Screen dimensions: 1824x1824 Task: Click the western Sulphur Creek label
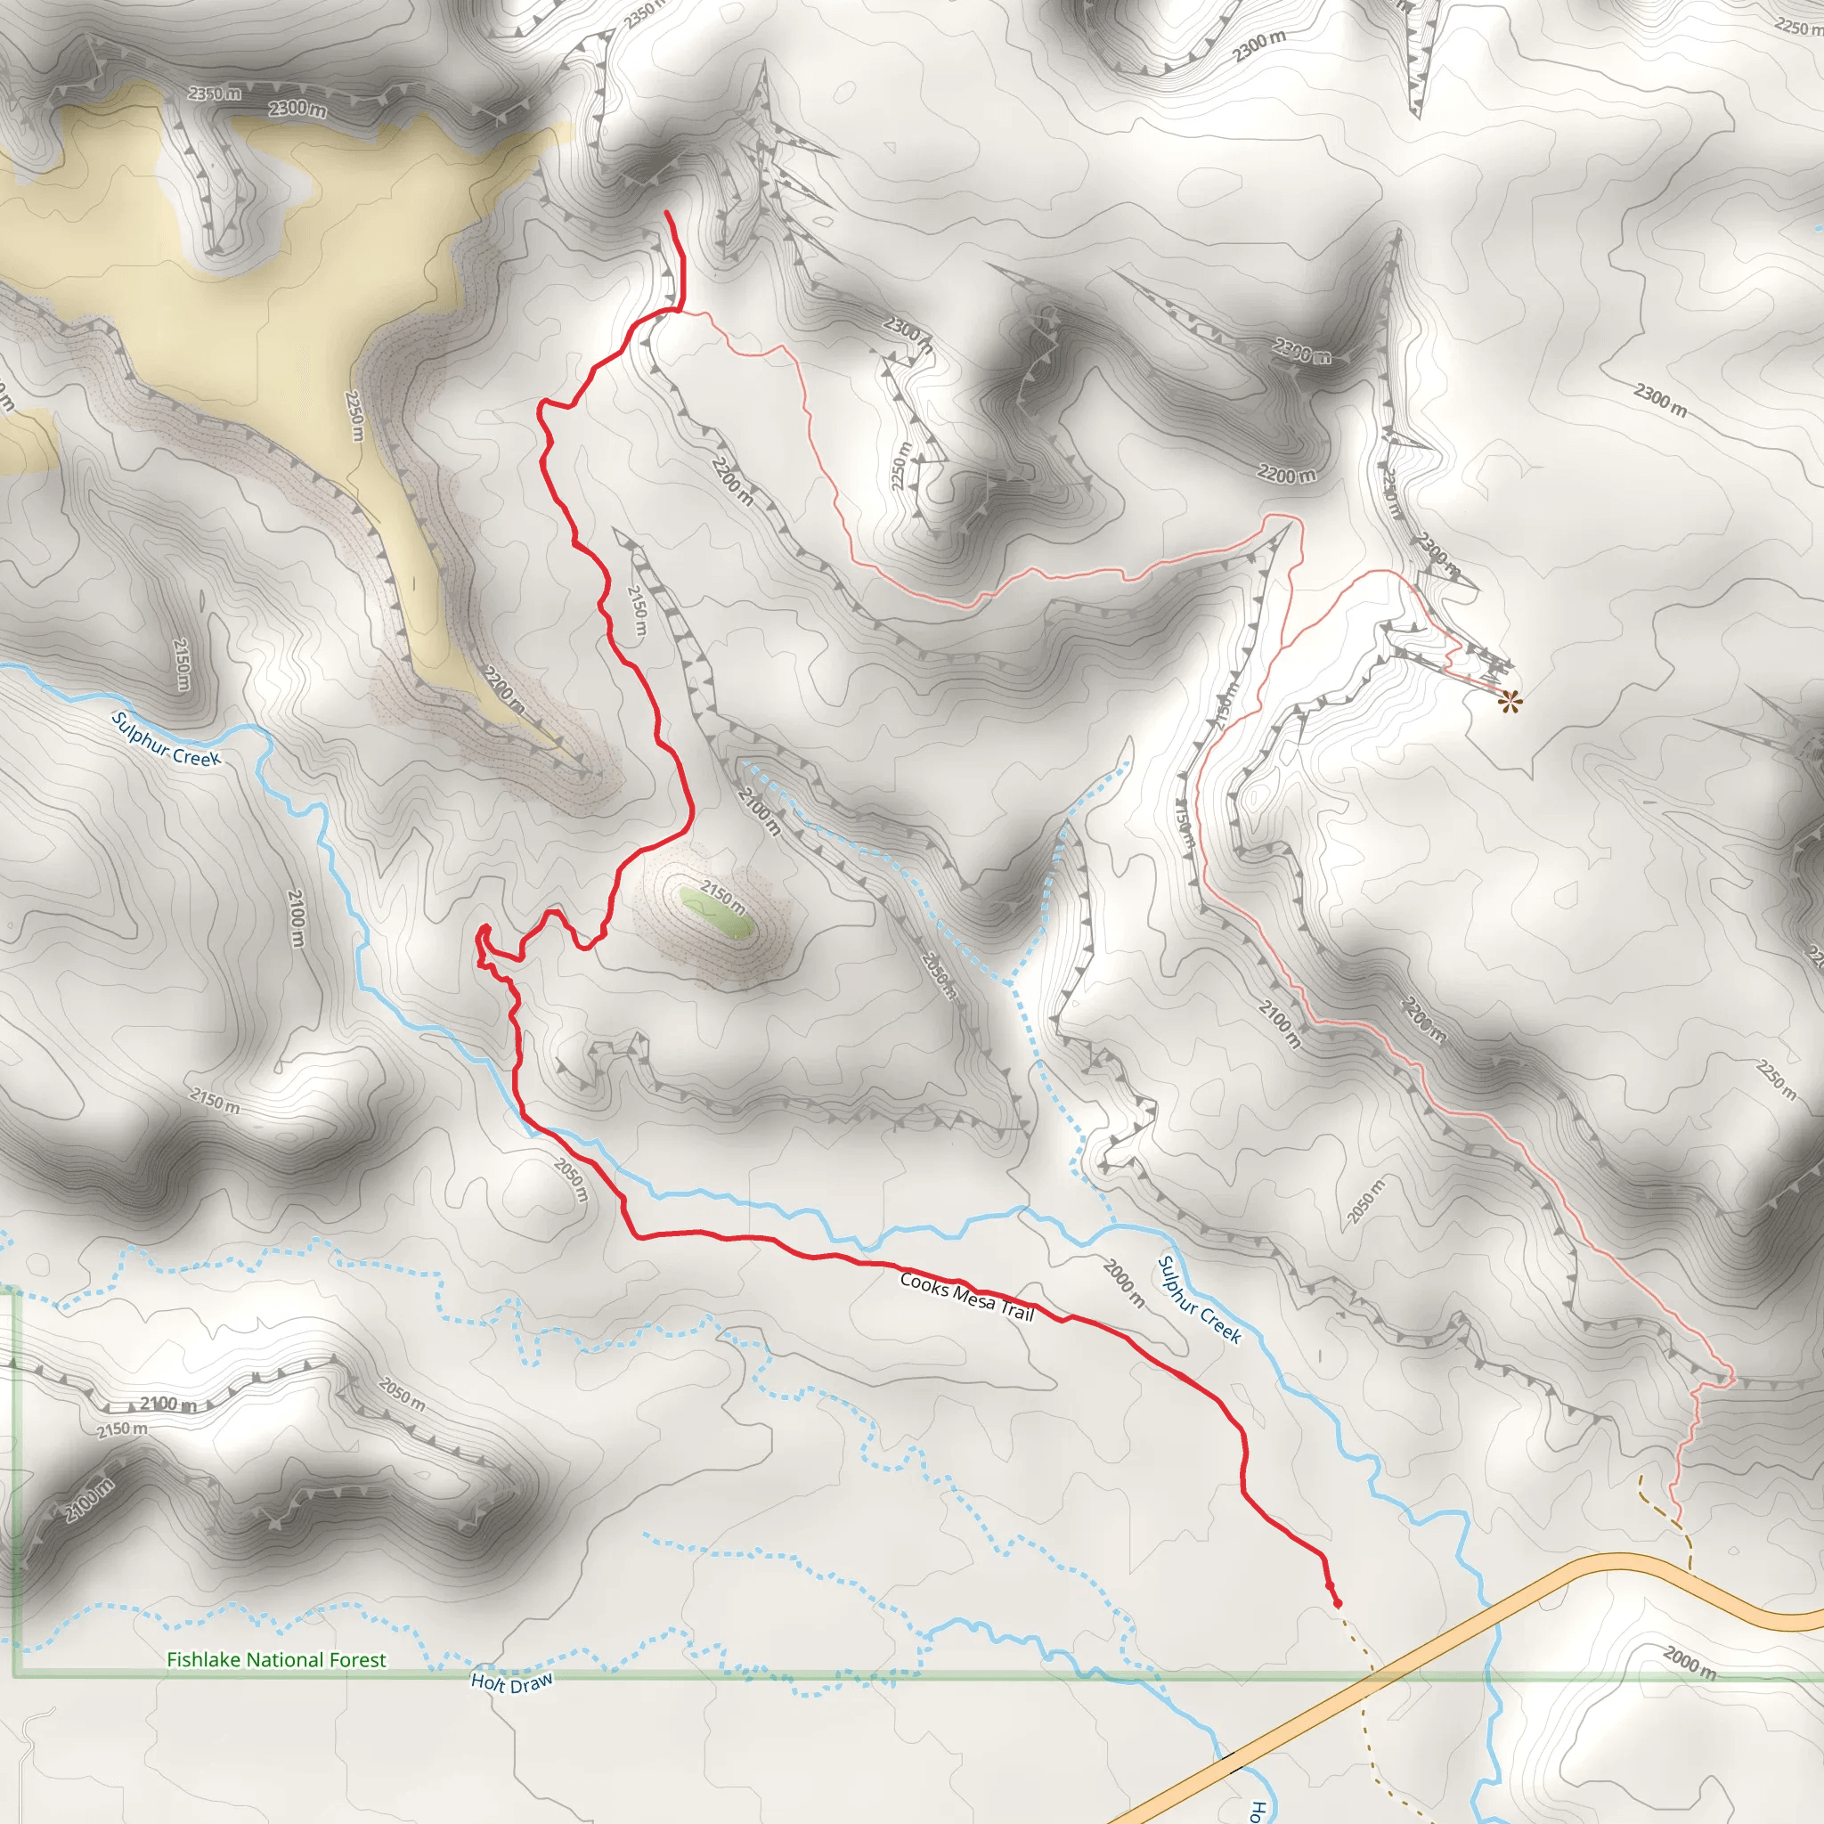167,738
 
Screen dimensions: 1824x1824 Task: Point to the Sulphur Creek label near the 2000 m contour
1199,1299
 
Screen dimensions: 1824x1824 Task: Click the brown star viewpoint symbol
1510,701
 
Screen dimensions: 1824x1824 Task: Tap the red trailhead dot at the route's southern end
1337,1602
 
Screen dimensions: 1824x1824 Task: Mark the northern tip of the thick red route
667,214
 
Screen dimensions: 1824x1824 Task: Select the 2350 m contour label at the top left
215,93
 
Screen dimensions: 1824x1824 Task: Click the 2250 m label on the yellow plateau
354,415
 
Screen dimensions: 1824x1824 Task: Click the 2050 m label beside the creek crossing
570,1179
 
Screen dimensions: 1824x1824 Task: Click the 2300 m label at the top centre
1258,45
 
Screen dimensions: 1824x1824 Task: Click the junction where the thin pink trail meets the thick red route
680,308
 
